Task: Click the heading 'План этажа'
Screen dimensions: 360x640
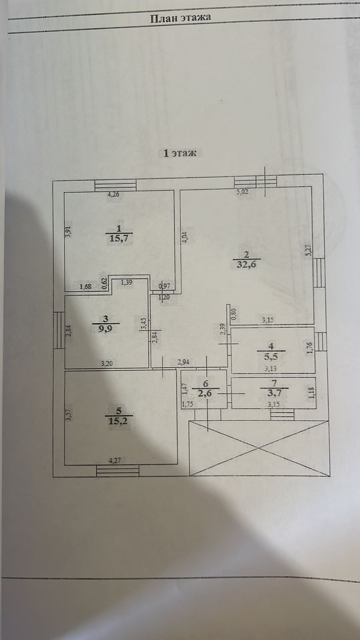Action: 180,18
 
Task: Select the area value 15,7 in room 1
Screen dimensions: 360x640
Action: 119,238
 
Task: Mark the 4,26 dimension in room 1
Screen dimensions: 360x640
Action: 113,195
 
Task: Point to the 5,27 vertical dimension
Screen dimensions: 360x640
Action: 308,250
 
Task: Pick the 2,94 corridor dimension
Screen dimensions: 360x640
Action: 183,363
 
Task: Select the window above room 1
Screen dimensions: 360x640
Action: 116,185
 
